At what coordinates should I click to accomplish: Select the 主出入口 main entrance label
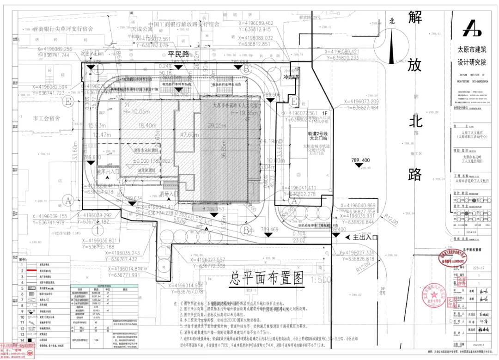click(x=365, y=237)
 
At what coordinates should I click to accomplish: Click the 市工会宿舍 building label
click(x=47, y=118)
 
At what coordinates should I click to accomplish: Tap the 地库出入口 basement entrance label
click(x=108, y=172)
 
